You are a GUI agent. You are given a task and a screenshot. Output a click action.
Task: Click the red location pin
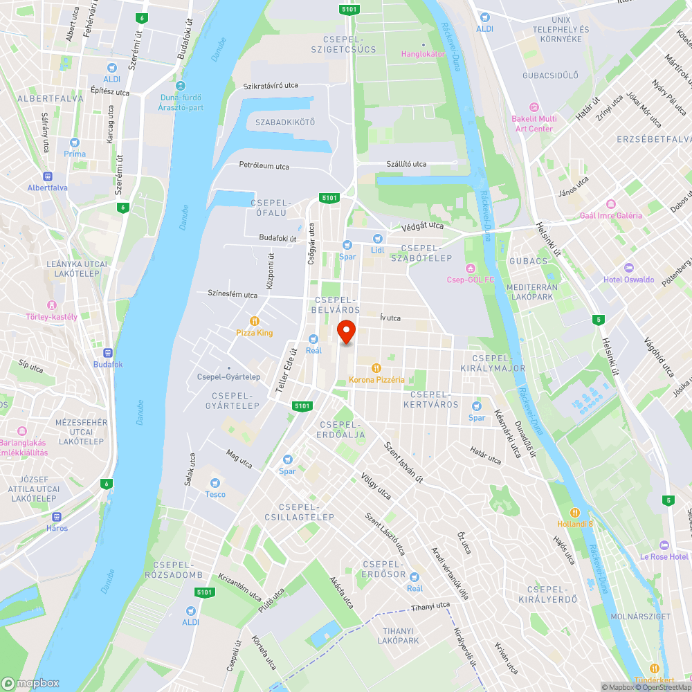pos(346,331)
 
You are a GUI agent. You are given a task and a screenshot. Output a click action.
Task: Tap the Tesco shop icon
pos(215,482)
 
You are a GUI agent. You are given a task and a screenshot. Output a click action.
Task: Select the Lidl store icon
pos(378,238)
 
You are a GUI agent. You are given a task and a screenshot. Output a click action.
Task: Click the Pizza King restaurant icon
pos(255,321)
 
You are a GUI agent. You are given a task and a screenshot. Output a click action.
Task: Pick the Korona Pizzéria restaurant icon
pos(376,368)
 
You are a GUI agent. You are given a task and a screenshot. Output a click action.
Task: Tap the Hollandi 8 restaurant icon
pos(575,512)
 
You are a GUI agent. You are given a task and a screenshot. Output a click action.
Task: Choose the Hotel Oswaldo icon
pos(628,268)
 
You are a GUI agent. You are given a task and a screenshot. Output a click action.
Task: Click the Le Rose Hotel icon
pos(664,545)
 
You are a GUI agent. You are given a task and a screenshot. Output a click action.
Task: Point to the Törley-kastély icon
pos(51,305)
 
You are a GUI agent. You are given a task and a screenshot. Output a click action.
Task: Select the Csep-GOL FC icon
pos(471,268)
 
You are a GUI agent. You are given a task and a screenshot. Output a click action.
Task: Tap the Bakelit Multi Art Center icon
pos(534,107)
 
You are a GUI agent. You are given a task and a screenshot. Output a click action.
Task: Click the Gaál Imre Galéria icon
pos(610,204)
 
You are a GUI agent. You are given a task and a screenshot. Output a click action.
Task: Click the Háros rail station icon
pos(57,516)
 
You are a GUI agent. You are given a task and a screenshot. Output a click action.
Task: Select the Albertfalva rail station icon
pos(48,176)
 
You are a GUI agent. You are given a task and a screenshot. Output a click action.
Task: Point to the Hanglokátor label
pos(423,54)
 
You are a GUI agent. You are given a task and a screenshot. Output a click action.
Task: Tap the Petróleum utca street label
pos(264,166)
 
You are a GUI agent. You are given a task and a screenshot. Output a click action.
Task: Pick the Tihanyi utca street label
pos(430,605)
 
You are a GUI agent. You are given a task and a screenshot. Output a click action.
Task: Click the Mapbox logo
pos(30,682)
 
